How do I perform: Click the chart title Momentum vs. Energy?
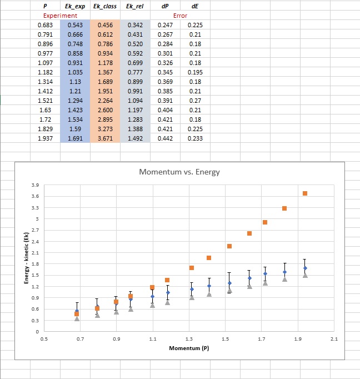click(x=180, y=172)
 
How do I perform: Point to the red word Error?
click(x=180, y=16)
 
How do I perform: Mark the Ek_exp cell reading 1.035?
click(x=75, y=72)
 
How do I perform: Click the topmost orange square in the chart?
click(x=305, y=193)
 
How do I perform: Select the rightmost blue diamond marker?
click(x=305, y=268)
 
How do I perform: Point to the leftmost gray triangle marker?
click(x=77, y=318)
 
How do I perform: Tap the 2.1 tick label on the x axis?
click(x=334, y=338)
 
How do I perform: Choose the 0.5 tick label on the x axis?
click(x=44, y=338)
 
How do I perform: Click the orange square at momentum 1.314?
click(x=192, y=268)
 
